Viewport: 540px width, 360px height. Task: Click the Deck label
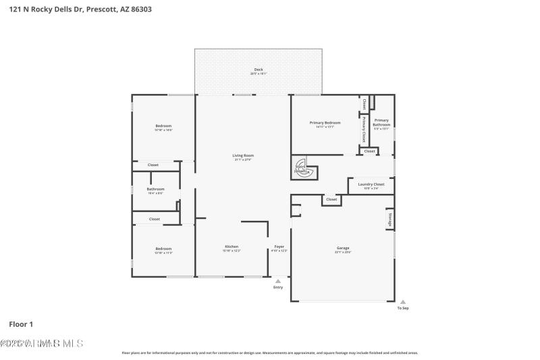[258, 70]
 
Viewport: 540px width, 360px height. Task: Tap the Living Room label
[243, 155]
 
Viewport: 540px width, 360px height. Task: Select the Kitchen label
[232, 247]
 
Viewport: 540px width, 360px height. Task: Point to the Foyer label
[279, 247]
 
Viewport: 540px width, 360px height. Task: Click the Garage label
[343, 248]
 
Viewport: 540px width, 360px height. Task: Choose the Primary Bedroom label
[325, 123]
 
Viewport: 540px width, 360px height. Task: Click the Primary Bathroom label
[381, 122]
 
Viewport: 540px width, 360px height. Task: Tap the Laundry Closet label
[371, 184]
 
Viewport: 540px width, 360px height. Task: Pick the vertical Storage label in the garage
[389, 220]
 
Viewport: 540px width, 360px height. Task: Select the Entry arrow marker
[277, 281]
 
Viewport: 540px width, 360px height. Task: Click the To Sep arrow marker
[403, 303]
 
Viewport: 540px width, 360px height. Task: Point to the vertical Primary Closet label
[364, 128]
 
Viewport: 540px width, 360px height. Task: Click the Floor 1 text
[21, 324]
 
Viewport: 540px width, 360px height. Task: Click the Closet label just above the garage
[331, 199]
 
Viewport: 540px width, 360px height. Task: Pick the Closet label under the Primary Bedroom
[369, 151]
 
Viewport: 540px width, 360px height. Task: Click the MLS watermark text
[42, 343]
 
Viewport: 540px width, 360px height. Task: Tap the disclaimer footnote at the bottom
[270, 353]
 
